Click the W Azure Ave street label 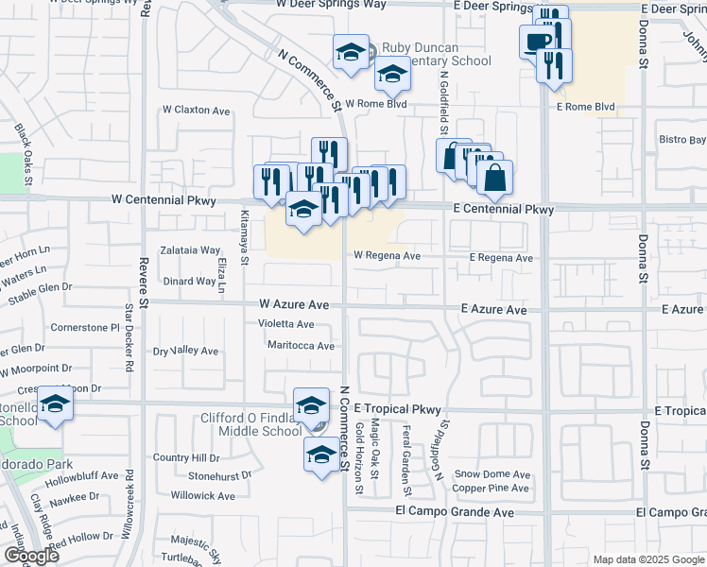click(294, 305)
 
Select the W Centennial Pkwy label click(163, 200)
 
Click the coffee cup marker click(538, 42)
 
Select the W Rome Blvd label click(375, 104)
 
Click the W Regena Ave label click(386, 255)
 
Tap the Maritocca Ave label click(301, 346)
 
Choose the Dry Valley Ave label click(185, 351)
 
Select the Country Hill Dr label click(186, 457)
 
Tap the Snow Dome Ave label click(492, 473)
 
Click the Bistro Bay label click(682, 140)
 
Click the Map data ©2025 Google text click(647, 559)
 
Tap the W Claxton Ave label click(196, 111)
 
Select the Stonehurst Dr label click(219, 475)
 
